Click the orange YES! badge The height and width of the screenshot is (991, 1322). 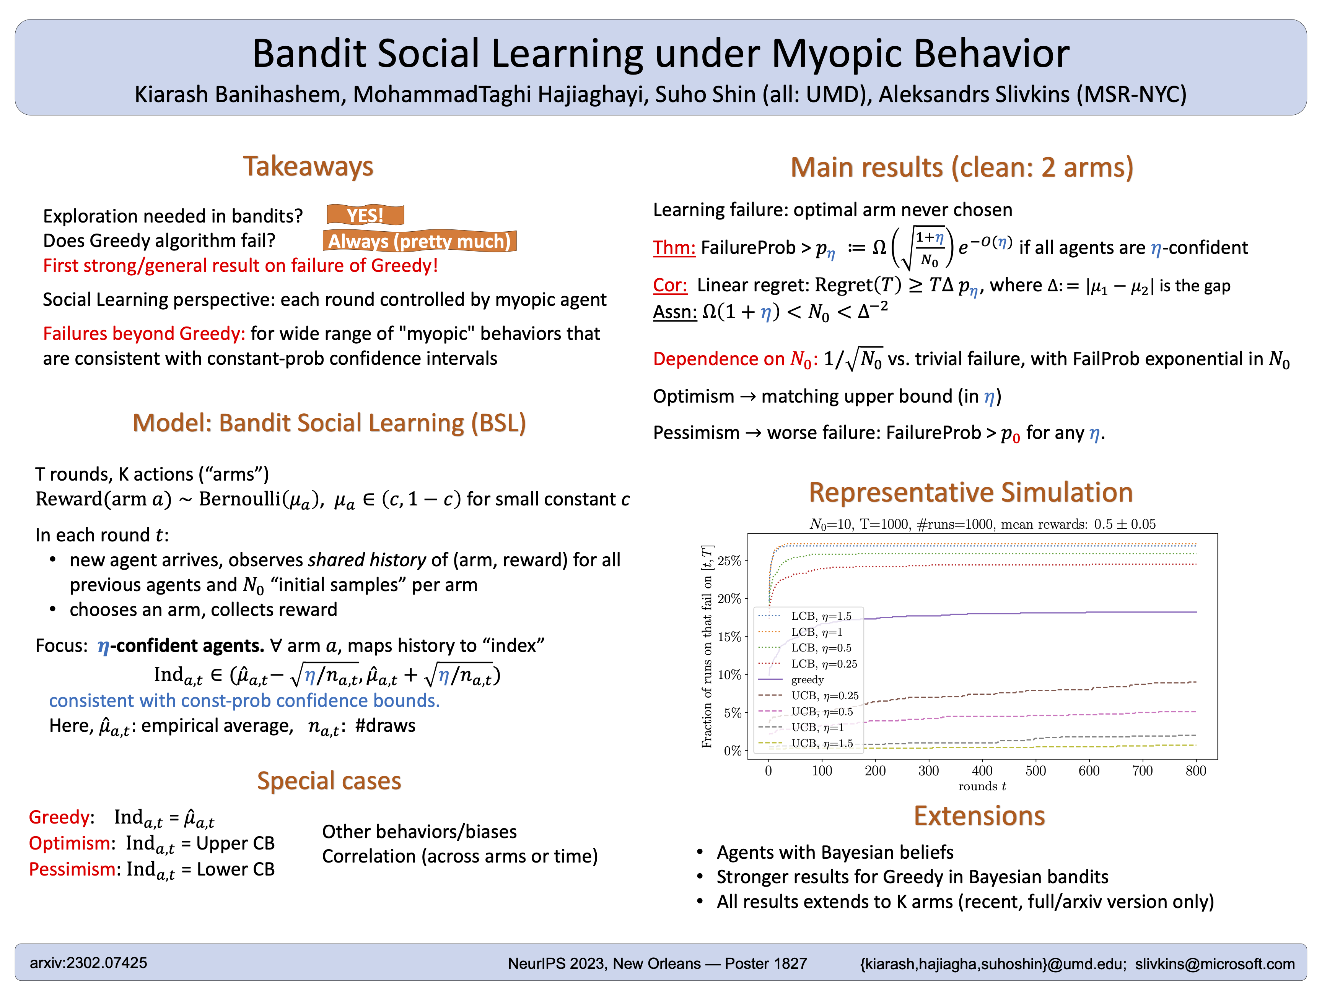(x=365, y=215)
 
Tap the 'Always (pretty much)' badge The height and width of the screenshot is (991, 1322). (x=420, y=241)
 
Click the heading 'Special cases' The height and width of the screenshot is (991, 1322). (x=329, y=781)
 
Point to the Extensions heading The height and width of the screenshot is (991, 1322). (x=979, y=816)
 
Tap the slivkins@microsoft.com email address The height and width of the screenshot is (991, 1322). (x=1215, y=963)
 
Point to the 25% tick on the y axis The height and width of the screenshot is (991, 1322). (x=729, y=561)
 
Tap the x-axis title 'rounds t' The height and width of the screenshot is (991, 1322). (x=982, y=786)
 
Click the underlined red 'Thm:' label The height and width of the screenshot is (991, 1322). (x=674, y=247)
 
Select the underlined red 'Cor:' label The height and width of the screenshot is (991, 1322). (x=670, y=285)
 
